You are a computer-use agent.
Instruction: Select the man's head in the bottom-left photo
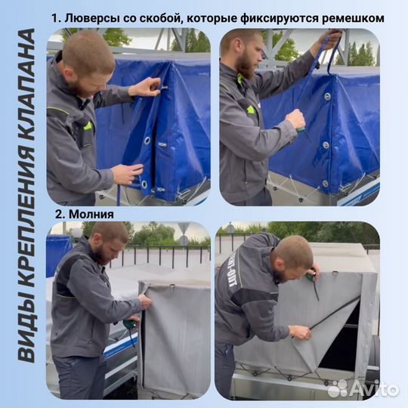110,242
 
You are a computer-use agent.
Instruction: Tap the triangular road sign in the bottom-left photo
184,228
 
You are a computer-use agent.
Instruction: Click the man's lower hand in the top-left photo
125,174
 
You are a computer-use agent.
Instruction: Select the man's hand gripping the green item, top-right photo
295,120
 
